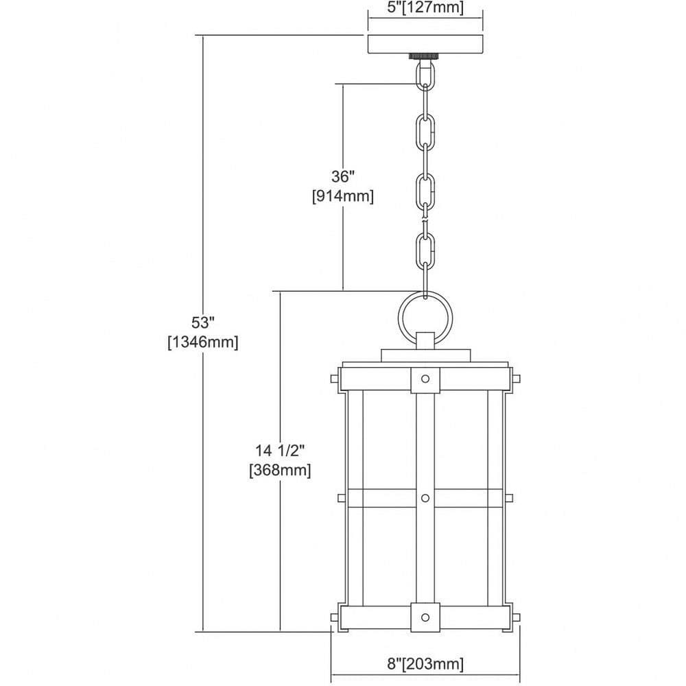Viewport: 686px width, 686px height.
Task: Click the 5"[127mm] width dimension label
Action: [425, 8]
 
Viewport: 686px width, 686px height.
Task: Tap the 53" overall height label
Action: [202, 323]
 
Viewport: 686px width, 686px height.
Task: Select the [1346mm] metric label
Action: [202, 342]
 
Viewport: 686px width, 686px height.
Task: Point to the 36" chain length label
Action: [342, 177]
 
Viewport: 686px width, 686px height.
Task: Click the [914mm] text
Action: [342, 196]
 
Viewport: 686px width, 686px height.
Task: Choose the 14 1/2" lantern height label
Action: [280, 451]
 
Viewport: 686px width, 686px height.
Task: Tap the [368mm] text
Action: [280, 471]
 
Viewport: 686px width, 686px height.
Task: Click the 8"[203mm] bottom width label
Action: [425, 663]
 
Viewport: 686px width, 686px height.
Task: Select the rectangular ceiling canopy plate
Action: [425, 44]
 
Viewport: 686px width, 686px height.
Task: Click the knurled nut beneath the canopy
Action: [425, 56]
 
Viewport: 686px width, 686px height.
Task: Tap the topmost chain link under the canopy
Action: [425, 74]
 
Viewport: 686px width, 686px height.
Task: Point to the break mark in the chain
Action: [425, 219]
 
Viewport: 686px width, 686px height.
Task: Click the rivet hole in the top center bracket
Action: [425, 379]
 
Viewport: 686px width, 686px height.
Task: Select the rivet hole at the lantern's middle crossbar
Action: [425, 498]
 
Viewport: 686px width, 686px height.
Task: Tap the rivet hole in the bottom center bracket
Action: [425, 617]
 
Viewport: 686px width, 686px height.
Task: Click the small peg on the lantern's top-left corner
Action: [335, 379]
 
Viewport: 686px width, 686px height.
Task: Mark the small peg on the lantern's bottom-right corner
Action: [515, 617]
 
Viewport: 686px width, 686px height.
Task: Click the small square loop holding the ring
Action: [425, 341]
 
